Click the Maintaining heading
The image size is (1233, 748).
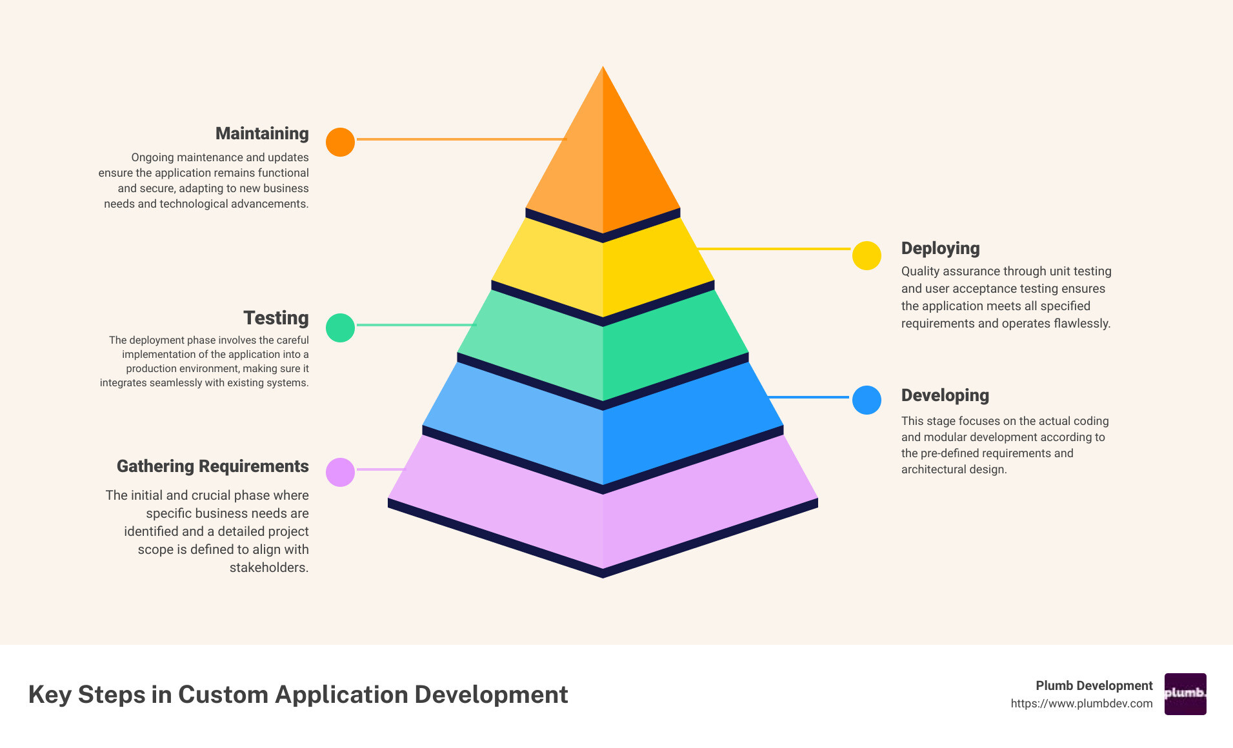(x=262, y=133)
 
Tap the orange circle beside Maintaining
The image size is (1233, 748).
(x=340, y=142)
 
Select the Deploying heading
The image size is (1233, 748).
(x=940, y=248)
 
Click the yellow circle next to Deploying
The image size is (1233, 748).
(x=867, y=256)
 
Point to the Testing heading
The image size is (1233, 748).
(x=276, y=318)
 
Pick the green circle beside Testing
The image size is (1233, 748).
(x=340, y=328)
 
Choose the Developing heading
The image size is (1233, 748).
(x=945, y=395)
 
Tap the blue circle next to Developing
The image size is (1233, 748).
(x=867, y=400)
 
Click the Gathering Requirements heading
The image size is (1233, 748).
(x=212, y=466)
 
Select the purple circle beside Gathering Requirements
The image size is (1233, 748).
(x=340, y=472)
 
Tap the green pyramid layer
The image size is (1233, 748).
(x=603, y=348)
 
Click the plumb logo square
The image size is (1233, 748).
(x=1185, y=694)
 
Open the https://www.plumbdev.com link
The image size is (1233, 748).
(x=1081, y=704)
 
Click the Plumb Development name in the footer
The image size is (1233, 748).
(x=1094, y=685)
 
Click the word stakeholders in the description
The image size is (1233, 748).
(x=268, y=567)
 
